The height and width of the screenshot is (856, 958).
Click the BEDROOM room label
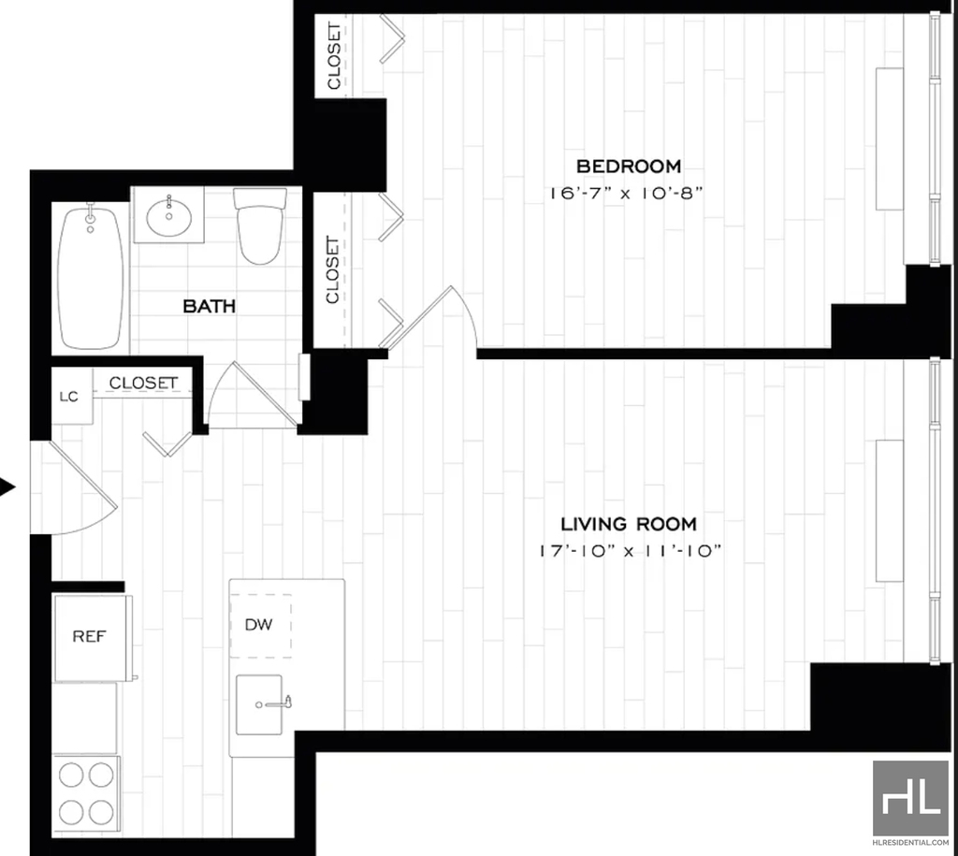pos(629,167)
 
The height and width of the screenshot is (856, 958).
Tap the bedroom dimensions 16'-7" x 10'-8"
pos(626,193)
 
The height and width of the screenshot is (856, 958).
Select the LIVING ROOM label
pos(629,524)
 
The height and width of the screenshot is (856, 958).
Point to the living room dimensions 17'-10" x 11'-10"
pos(630,551)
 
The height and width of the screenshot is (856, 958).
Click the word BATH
pos(210,306)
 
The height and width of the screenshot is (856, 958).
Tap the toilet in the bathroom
pos(260,225)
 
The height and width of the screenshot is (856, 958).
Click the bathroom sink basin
pos(169,216)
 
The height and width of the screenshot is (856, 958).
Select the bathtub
pos(91,279)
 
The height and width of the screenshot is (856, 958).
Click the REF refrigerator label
pos(89,637)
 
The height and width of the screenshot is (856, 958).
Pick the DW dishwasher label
pos(258,624)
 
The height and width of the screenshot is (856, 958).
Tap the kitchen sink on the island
pos(260,704)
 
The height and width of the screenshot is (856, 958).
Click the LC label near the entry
pos(69,397)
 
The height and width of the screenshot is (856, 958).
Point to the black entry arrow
pos(7,487)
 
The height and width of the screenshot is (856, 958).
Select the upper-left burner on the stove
pos(71,776)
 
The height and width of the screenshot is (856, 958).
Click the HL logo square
pos(910,798)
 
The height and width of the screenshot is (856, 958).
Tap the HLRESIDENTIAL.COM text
pos(910,843)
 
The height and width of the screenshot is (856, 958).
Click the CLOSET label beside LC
pos(143,383)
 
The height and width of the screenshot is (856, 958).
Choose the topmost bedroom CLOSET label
pos(334,55)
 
